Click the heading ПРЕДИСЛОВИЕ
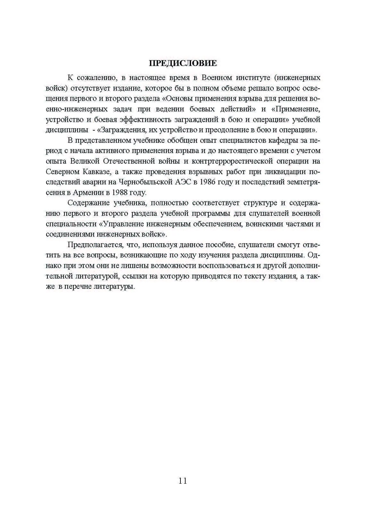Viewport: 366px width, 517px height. pyautogui.click(x=183, y=63)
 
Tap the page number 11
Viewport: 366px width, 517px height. pyautogui.click(x=183, y=481)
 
